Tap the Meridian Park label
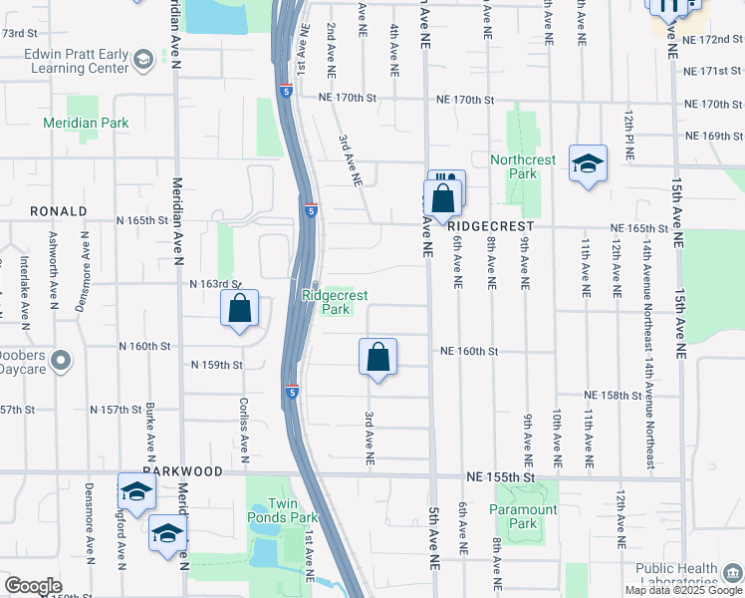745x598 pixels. point(86,123)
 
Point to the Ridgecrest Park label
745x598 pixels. point(326,303)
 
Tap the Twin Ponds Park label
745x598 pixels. point(283,510)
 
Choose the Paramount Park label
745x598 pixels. point(524,516)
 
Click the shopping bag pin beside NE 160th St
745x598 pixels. point(378,358)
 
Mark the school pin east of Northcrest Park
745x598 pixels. point(589,164)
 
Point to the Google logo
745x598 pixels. point(33,586)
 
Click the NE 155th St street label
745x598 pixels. point(501,479)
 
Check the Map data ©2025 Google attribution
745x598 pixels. point(683,590)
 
